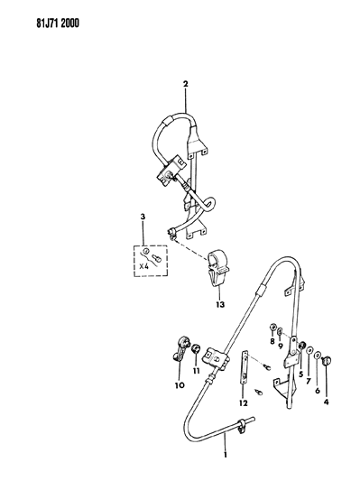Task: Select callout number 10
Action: (x=178, y=385)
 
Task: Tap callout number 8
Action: (x=271, y=340)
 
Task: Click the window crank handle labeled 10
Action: (x=180, y=353)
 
